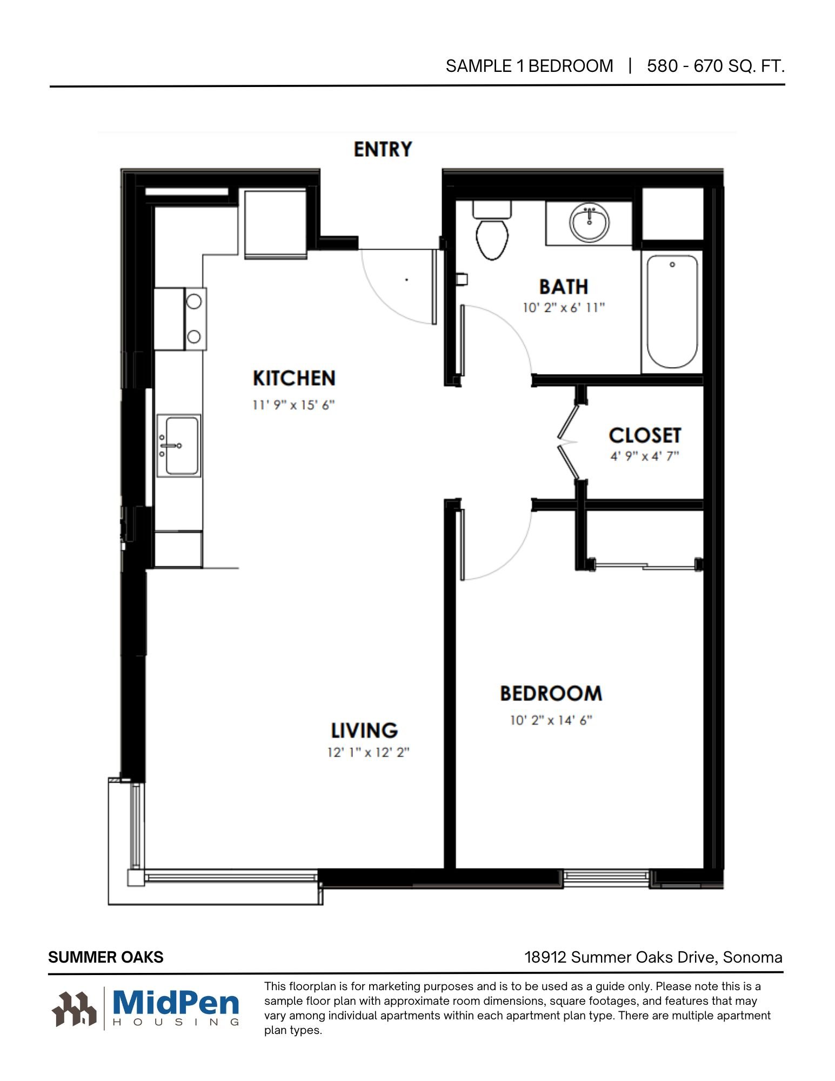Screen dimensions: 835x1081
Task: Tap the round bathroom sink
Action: coord(589,222)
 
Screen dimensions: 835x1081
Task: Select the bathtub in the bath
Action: coord(672,312)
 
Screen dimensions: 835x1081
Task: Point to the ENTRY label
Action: coord(383,149)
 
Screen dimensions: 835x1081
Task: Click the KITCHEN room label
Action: coord(294,378)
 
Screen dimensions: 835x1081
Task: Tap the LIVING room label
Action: coord(365,731)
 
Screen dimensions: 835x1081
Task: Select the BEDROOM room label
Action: coord(551,693)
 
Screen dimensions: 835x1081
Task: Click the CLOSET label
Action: coord(645,436)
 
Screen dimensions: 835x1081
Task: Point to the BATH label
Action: coord(564,287)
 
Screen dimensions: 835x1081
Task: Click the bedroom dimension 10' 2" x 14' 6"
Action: coord(551,720)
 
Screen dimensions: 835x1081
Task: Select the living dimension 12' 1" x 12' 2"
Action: coord(368,752)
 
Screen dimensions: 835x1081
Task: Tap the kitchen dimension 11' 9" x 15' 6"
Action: coord(293,405)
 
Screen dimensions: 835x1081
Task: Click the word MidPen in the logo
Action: coord(176,1003)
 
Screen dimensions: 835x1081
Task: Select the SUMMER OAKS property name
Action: coord(106,957)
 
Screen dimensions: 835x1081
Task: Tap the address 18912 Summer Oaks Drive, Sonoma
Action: coord(653,957)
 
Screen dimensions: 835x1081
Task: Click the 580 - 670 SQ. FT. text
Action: coord(716,66)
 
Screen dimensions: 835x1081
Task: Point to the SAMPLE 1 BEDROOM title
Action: coord(529,66)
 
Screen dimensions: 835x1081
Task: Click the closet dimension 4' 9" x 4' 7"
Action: coord(645,456)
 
